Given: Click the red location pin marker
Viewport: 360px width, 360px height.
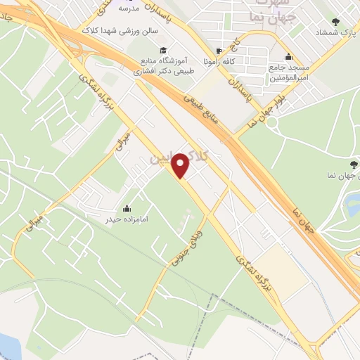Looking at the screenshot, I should tap(181, 165).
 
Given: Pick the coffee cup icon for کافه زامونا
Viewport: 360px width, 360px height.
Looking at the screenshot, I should tap(219, 51).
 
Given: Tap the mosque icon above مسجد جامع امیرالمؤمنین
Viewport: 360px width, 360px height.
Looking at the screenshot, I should tap(288, 57).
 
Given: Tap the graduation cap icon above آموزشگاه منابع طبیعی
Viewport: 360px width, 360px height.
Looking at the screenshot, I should tap(164, 51).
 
